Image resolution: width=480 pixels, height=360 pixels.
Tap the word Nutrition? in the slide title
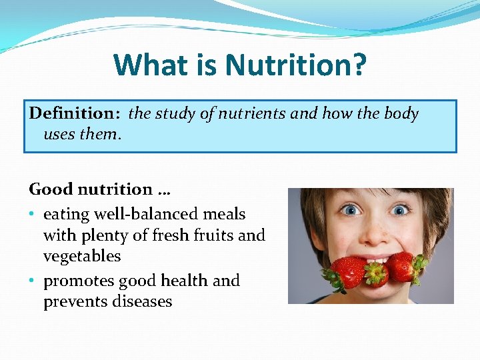(x=295, y=65)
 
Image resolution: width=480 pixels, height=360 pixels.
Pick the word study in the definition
(x=179, y=114)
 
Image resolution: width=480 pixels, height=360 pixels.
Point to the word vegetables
(x=82, y=257)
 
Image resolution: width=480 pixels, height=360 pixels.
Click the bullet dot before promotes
(x=33, y=281)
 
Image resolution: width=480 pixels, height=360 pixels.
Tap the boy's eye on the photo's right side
(x=400, y=210)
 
